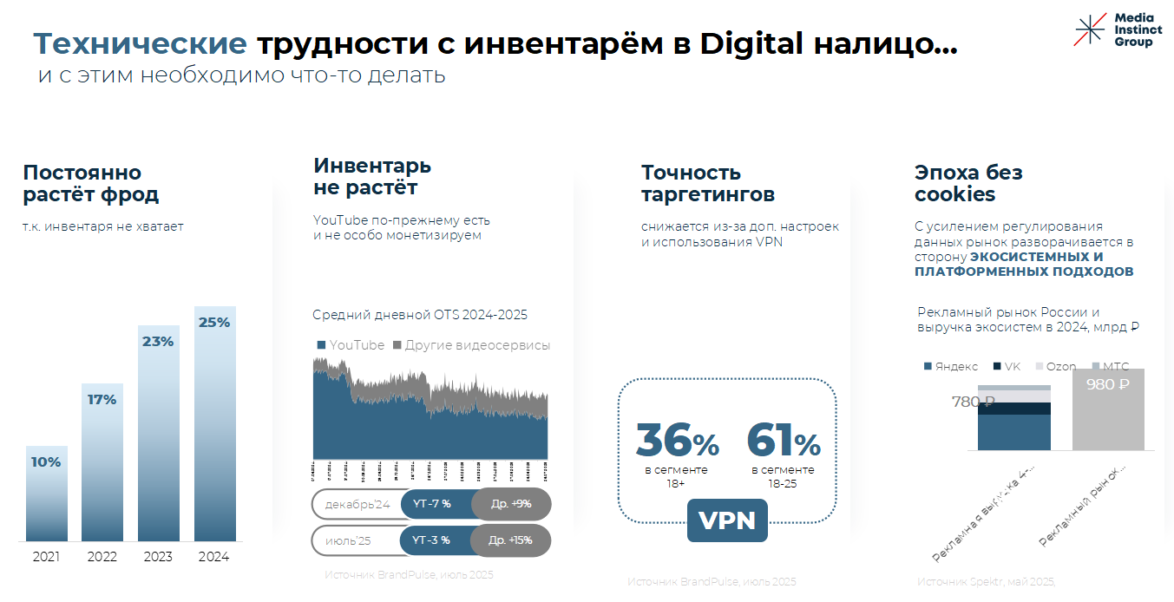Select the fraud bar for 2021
click(x=46, y=494)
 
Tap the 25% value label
click(x=214, y=323)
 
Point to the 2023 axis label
click(x=158, y=557)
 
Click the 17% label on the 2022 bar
click(x=102, y=400)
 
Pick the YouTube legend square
click(x=322, y=345)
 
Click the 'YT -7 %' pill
click(x=431, y=504)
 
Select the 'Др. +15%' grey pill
click(x=510, y=540)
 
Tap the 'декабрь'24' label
click(x=357, y=504)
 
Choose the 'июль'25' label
click(x=348, y=540)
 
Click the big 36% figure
click(x=677, y=440)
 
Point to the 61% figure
click(x=783, y=440)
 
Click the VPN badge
click(x=727, y=520)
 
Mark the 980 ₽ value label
click(x=1107, y=384)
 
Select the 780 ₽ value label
click(x=973, y=402)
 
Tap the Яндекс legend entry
click(x=952, y=367)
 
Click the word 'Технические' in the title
click(x=140, y=43)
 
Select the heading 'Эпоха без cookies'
click(x=968, y=183)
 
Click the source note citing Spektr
click(x=986, y=581)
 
